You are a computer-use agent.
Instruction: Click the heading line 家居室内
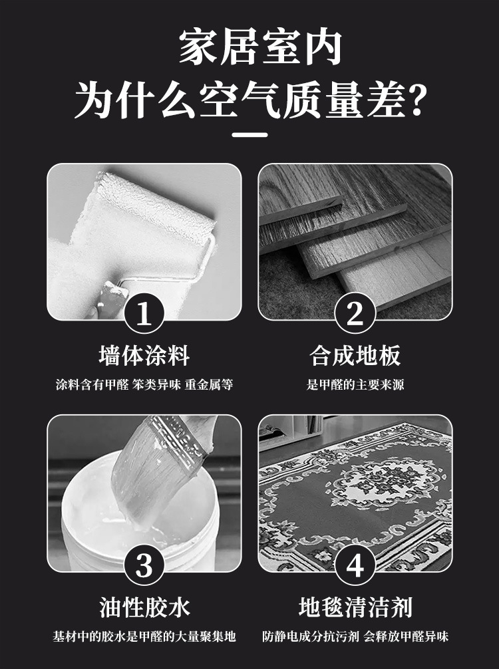[x=260, y=47]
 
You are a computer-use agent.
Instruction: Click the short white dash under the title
[x=249, y=135]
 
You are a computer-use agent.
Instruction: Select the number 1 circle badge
[x=144, y=314]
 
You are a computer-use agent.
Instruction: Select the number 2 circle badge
[x=355, y=314]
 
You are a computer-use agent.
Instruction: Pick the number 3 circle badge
[x=144, y=565]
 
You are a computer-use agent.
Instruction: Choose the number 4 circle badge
[x=355, y=565]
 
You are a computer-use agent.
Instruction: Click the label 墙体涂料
[x=144, y=356]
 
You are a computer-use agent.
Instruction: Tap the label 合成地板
[x=355, y=356]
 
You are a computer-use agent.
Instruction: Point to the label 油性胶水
[x=144, y=607]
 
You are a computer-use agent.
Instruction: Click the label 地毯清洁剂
[x=355, y=607]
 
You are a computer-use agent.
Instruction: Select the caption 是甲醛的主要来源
[x=355, y=385]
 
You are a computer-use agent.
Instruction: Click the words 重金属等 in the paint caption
[x=209, y=385]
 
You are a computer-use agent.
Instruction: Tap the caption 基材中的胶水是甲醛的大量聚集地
[x=144, y=636]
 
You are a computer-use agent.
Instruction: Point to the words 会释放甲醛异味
[x=406, y=636]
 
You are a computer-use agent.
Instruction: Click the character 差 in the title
[x=385, y=100]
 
